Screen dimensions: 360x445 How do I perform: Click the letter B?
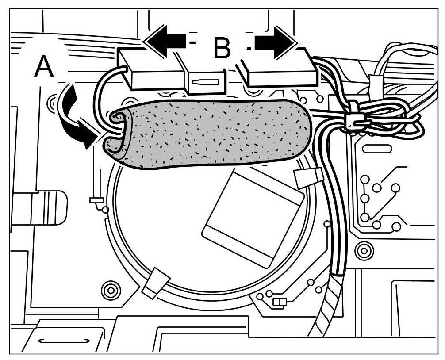pyautogui.click(x=222, y=48)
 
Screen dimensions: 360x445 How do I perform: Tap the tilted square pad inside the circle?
pyautogui.click(x=252, y=217)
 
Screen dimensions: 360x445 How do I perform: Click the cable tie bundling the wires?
pyautogui.click(x=354, y=116)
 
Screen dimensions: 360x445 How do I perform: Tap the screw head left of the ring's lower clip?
pyautogui.click(x=110, y=291)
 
